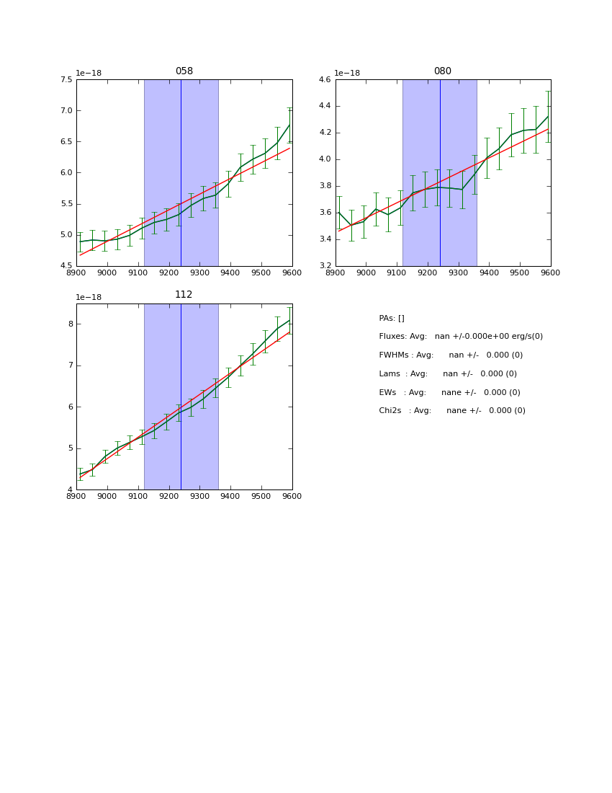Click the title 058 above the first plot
pos(184,71)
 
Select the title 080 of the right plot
pos(442,71)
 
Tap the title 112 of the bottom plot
pos(184,295)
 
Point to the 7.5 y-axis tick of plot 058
pos(65,80)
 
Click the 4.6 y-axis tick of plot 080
pos(323,80)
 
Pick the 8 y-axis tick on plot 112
pos(71,324)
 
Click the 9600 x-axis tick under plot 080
pos(550,273)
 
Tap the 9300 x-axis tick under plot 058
pos(199,273)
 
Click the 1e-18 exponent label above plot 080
pos(347,73)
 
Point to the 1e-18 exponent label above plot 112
pos(89,297)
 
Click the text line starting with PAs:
pos(392,318)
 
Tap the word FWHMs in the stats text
pos(393,355)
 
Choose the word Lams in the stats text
pos(390,374)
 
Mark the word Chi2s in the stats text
pos(391,411)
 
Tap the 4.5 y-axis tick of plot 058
pos(65,266)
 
